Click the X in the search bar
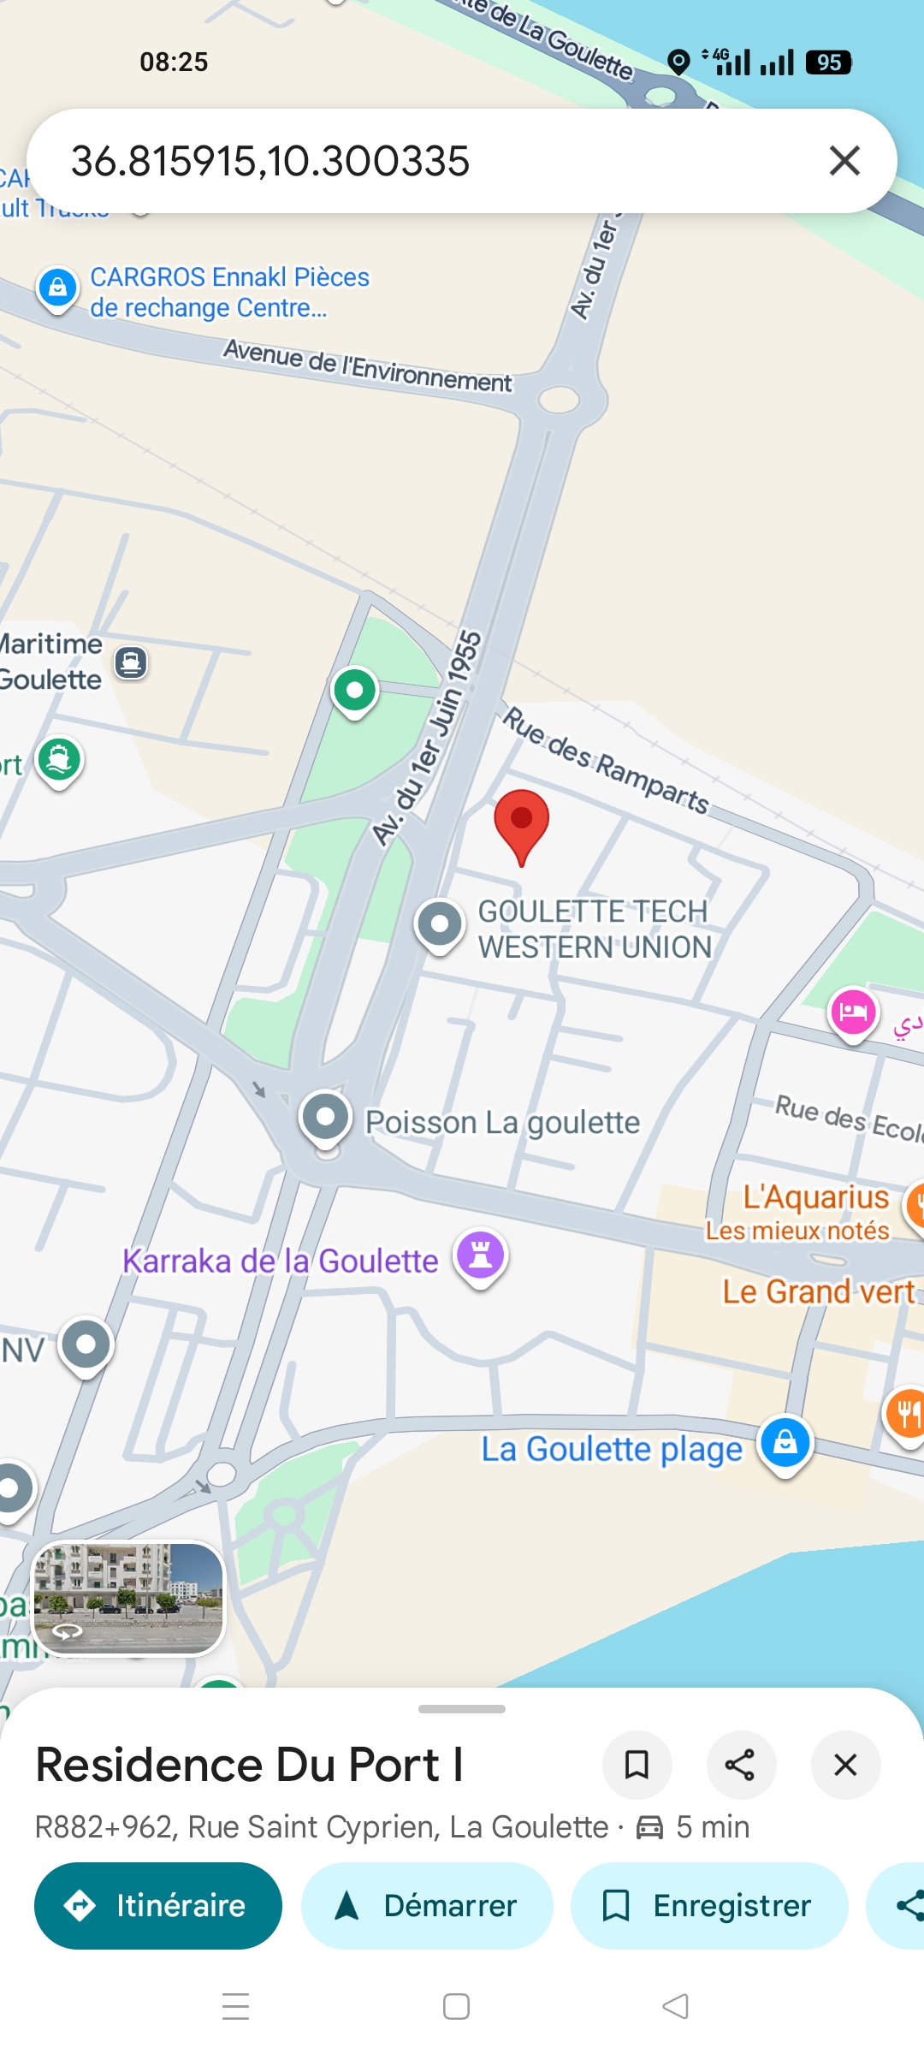coord(844,161)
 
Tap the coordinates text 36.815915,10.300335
coord(270,161)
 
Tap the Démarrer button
coord(427,1906)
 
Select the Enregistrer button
coord(709,1906)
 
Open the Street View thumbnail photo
coord(128,1599)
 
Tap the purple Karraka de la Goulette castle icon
coord(481,1256)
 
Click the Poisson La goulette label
coord(502,1122)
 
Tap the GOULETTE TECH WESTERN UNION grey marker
coord(440,924)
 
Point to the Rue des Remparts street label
coord(606,760)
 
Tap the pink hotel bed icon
coord(853,1012)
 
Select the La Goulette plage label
coord(612,1449)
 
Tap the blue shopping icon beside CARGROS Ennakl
coord(57,288)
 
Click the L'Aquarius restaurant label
coord(815,1197)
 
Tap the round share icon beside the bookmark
coord(740,1765)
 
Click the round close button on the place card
coord(845,1765)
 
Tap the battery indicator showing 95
coord(828,62)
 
